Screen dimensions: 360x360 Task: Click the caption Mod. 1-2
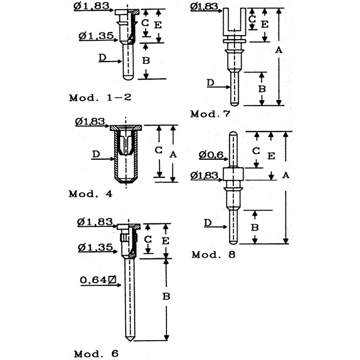click(x=100, y=98)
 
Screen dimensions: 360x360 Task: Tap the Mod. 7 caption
click(x=210, y=114)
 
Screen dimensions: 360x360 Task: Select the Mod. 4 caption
click(x=90, y=194)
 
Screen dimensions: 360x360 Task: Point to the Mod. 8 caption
click(x=213, y=254)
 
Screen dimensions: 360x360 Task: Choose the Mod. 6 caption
click(x=96, y=353)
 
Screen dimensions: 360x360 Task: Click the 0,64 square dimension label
click(x=98, y=280)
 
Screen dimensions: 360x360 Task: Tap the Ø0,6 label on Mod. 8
click(x=211, y=155)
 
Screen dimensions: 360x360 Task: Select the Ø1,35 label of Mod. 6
click(x=95, y=247)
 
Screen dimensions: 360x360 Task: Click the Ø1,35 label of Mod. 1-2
click(x=96, y=36)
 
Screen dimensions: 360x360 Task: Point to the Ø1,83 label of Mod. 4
click(x=90, y=121)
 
